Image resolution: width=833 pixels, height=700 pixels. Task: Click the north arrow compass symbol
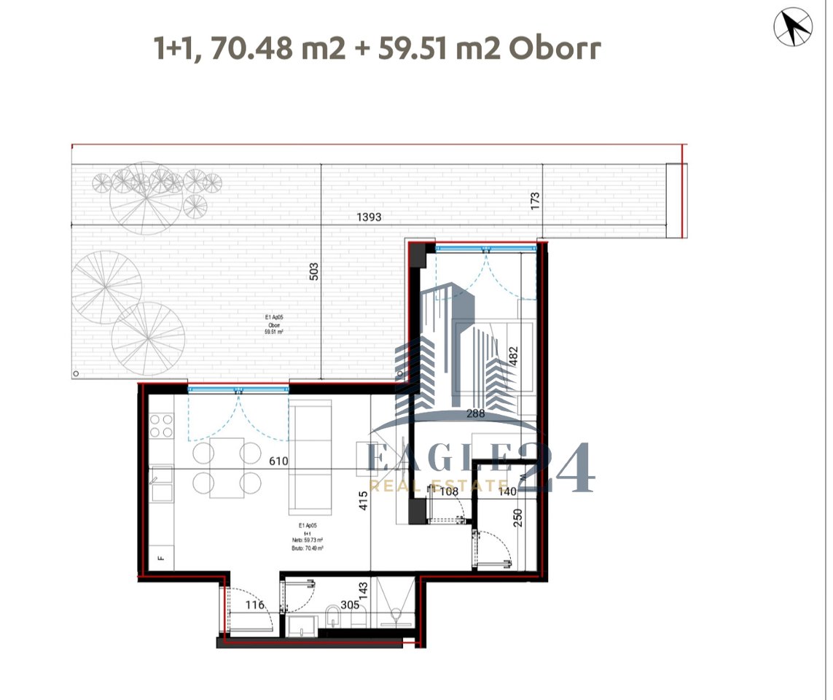[792, 28]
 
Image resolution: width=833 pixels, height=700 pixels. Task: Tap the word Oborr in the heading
[555, 48]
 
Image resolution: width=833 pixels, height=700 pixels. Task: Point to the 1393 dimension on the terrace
[369, 217]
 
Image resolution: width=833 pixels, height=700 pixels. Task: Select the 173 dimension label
[536, 201]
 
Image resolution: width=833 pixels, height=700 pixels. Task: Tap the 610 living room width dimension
[278, 461]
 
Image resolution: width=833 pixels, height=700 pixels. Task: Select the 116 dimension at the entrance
[254, 604]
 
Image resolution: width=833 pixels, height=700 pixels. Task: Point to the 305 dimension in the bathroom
[350, 604]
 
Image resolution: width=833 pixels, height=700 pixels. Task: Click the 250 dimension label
[518, 518]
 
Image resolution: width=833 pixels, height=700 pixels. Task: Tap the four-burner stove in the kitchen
[161, 425]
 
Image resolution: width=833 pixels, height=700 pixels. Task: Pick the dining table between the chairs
[227, 467]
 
